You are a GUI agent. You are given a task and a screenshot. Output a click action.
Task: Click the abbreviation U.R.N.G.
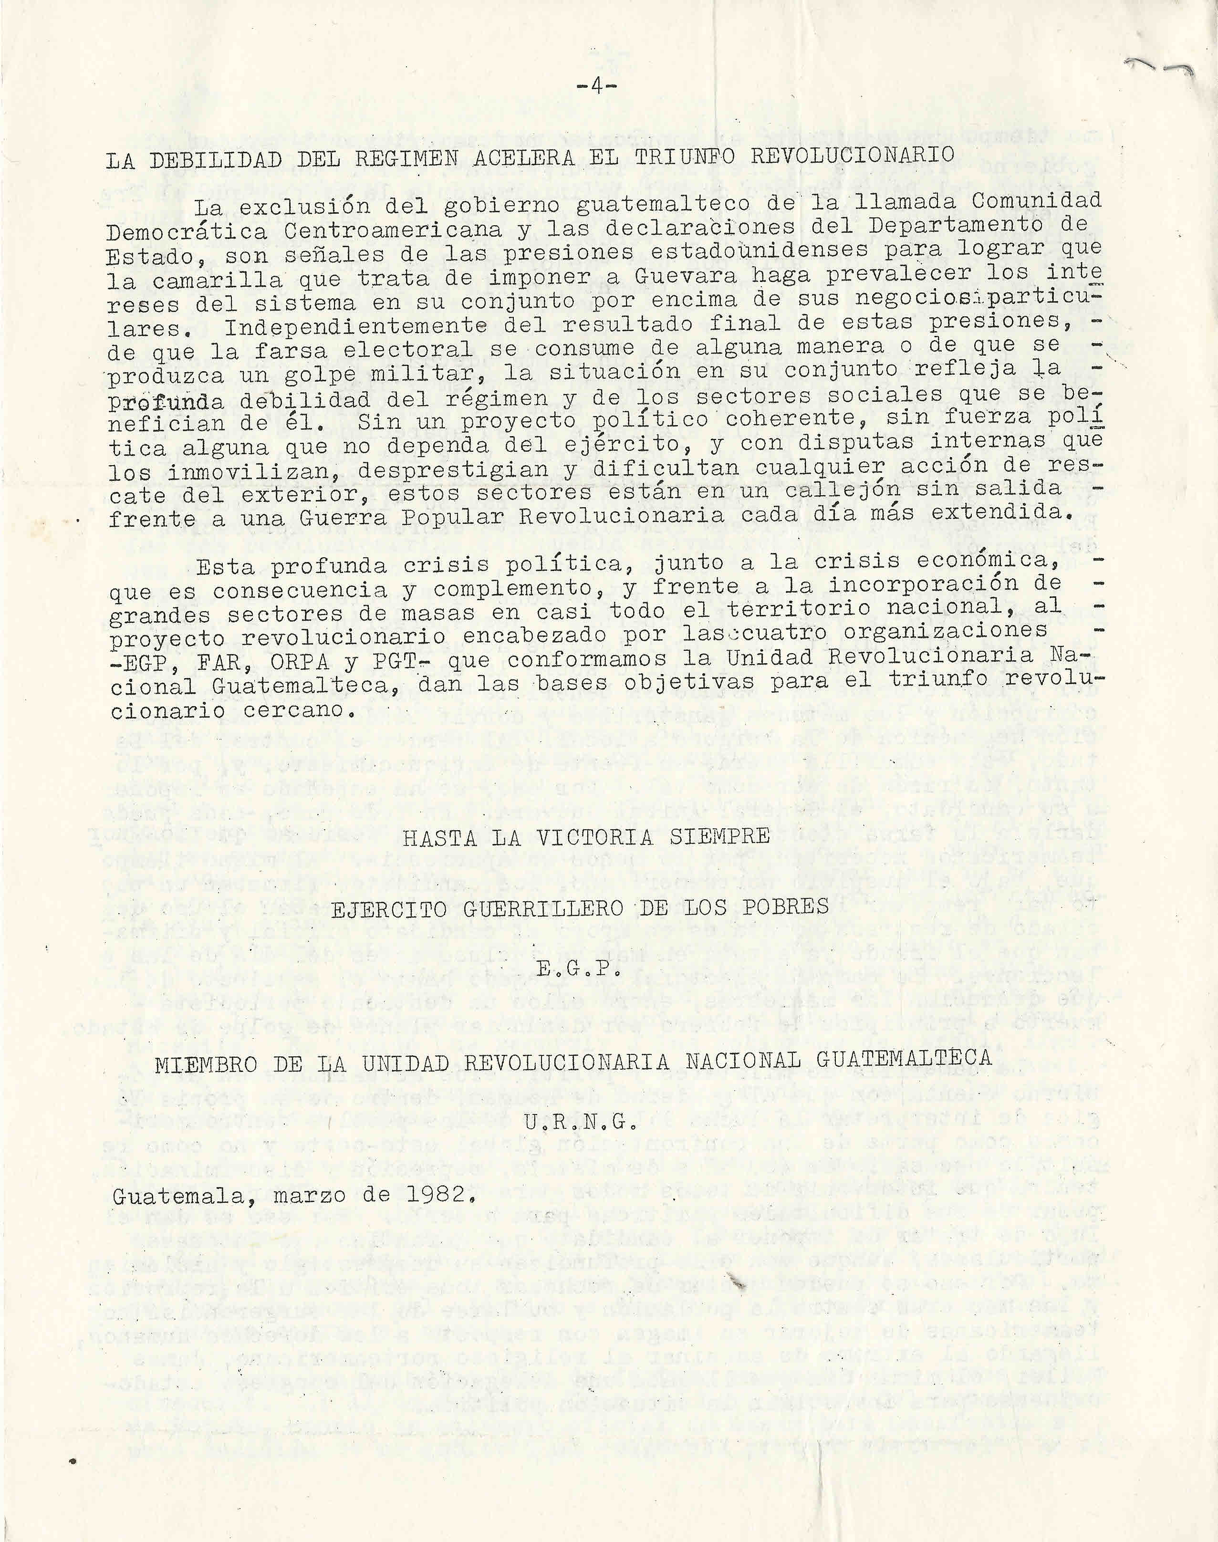point(580,1122)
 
